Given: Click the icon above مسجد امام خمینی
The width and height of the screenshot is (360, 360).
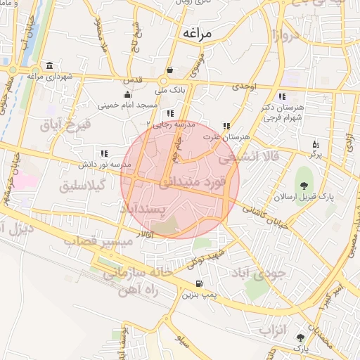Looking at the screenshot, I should tap(127, 95).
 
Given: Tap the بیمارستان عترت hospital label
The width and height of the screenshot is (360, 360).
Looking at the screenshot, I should tap(224, 136).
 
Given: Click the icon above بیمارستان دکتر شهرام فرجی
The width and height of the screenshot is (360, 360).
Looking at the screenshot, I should tap(281, 96).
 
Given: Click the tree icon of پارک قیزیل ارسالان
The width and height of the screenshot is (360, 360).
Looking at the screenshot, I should tap(304, 186).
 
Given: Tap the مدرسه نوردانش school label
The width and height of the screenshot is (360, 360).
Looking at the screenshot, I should tap(105, 164).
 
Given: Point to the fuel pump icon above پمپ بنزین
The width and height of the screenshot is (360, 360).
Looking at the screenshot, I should tap(199, 284).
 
